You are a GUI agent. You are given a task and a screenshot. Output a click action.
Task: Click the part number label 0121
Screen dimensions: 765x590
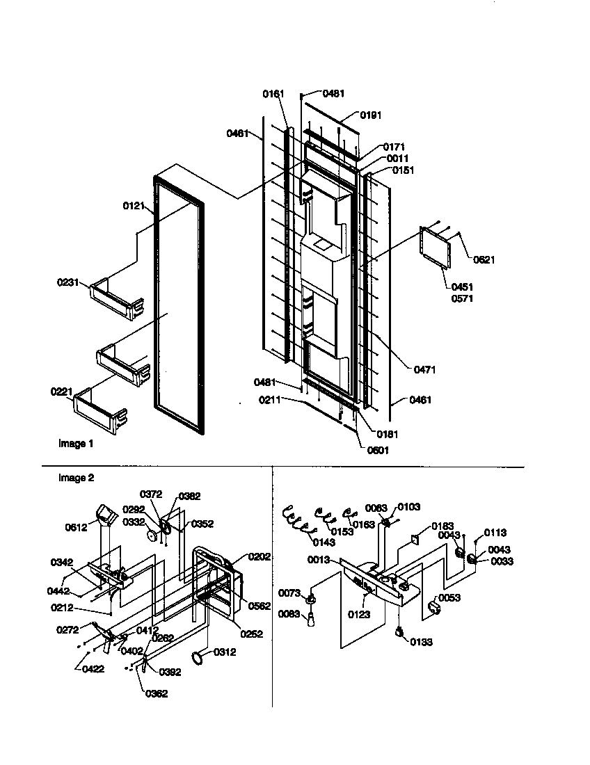click(x=134, y=206)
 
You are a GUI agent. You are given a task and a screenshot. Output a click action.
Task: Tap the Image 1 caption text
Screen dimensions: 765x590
click(x=75, y=444)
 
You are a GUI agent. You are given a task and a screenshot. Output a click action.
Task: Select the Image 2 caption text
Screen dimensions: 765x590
click(x=77, y=478)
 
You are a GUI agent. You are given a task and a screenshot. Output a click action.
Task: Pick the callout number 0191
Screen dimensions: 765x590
click(x=370, y=115)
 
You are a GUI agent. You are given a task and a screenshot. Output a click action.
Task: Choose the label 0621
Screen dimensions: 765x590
click(x=484, y=260)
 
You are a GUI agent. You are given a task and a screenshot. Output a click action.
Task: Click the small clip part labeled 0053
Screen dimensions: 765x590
click(x=436, y=609)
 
